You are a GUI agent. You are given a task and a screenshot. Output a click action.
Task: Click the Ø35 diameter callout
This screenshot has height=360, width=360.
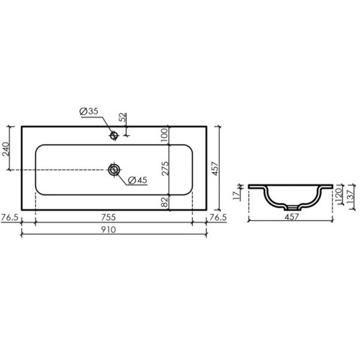click(x=89, y=112)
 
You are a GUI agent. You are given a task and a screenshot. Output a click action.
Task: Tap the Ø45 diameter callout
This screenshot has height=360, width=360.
click(x=138, y=180)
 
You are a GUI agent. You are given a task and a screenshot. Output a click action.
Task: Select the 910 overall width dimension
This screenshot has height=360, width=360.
click(x=108, y=230)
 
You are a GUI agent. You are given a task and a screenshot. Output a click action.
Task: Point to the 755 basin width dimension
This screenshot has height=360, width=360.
click(x=108, y=217)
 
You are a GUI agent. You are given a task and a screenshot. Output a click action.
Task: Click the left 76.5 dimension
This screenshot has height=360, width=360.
click(x=10, y=217)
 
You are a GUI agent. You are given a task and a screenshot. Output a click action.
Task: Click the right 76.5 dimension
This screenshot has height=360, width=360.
click(x=218, y=217)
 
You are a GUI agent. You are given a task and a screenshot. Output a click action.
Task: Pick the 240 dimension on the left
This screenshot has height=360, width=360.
click(x=5, y=149)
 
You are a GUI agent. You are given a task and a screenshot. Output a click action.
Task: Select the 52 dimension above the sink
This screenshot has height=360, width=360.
click(x=122, y=117)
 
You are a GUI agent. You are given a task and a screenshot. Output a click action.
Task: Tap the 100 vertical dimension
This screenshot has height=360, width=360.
click(x=164, y=135)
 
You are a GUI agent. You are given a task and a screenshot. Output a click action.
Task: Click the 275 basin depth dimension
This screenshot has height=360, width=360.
click(x=165, y=168)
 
